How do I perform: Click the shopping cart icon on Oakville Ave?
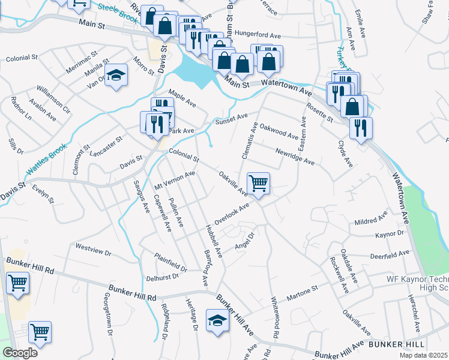click(258, 184)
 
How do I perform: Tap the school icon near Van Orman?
click(116, 75)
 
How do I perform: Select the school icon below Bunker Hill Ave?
click(217, 320)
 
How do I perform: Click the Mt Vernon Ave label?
click(176, 178)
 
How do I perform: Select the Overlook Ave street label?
click(232, 214)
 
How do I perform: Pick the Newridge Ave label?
click(295, 157)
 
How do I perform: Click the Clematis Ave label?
click(254, 141)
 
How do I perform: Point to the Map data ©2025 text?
click(423, 355)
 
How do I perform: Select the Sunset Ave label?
click(231, 120)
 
